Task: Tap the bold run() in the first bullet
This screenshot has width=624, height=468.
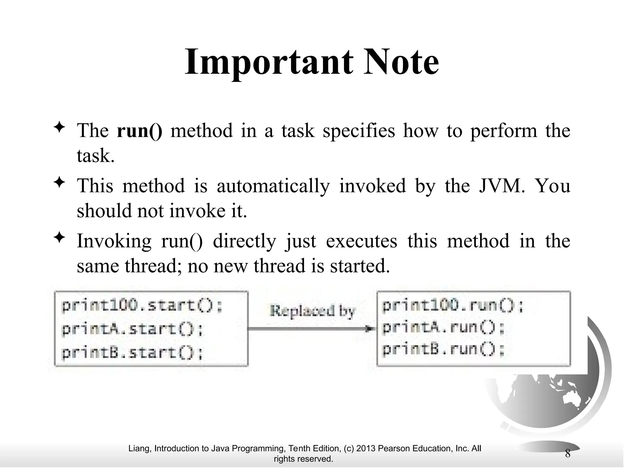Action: click(x=140, y=131)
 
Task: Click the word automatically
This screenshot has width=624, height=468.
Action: click(x=273, y=186)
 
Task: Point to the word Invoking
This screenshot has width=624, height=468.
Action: click(x=114, y=241)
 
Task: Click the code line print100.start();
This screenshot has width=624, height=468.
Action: click(x=142, y=306)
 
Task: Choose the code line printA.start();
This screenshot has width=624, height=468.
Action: click(x=133, y=329)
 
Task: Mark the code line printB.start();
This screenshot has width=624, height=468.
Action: click(x=133, y=353)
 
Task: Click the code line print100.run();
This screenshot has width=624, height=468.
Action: click(x=452, y=306)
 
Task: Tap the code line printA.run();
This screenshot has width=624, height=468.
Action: click(x=443, y=328)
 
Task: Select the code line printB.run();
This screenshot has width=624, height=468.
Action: click(x=443, y=349)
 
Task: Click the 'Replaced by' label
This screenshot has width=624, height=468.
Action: click(x=313, y=311)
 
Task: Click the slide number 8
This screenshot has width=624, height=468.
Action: click(x=568, y=454)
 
